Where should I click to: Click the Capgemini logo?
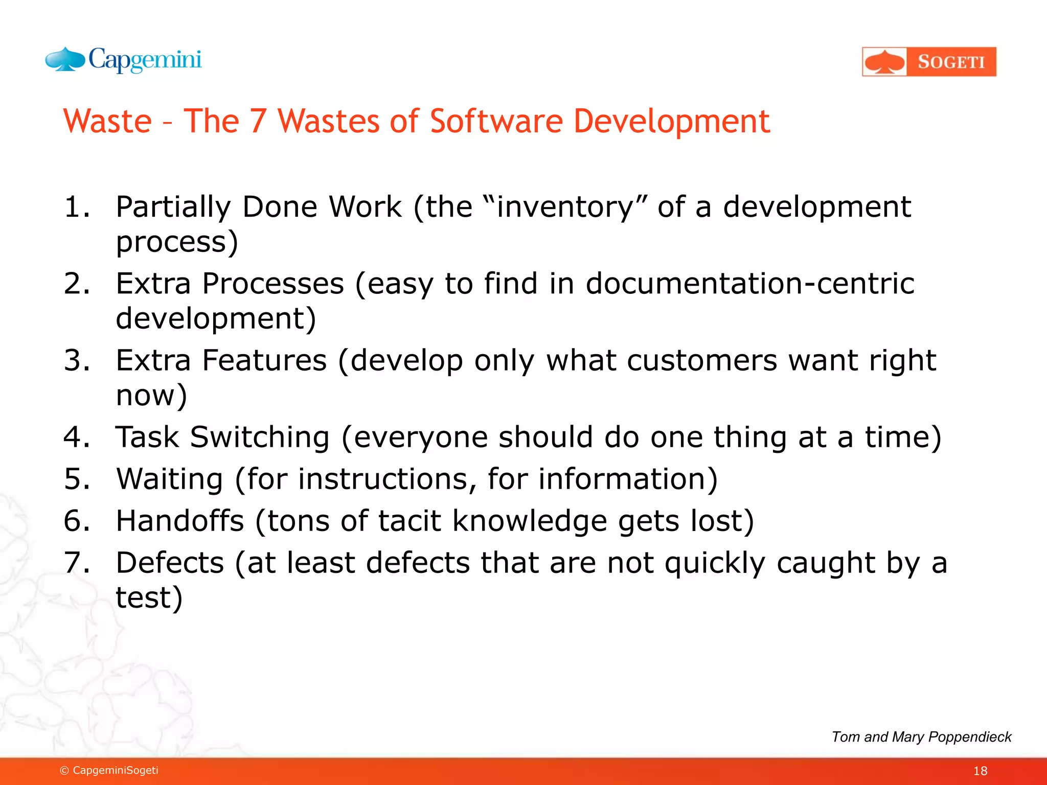pos(124,60)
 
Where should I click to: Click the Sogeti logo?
pos(929,62)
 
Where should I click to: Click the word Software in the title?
pos(496,121)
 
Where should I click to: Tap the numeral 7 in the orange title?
pos(258,121)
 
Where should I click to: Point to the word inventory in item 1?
pos(565,207)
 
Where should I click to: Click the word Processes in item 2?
pos(273,284)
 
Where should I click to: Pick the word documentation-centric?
pos(749,284)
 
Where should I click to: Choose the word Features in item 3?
pos(264,360)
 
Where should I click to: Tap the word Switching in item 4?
pos(260,438)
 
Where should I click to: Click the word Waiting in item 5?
pos(169,479)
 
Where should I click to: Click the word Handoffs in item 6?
pos(180,521)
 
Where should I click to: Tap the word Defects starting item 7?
pos(170,563)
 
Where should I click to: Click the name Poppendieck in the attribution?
pos(970,737)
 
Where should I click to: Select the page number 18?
pos(980,771)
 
